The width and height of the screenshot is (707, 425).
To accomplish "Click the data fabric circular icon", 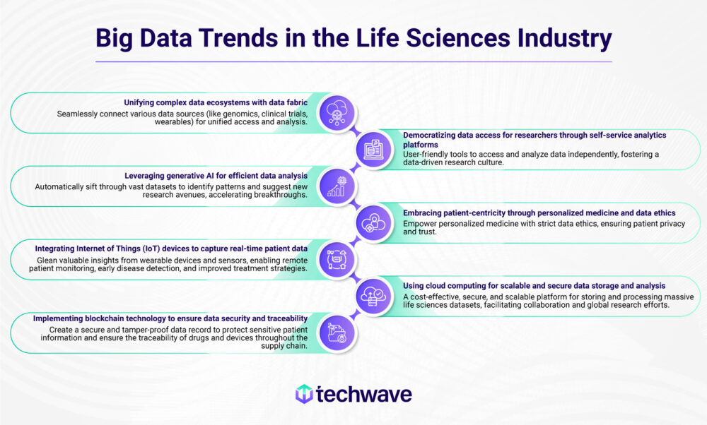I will click(x=337, y=113).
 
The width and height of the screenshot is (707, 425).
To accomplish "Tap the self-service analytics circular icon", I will click(x=373, y=150).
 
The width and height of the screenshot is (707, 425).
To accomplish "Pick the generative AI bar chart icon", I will click(x=337, y=186).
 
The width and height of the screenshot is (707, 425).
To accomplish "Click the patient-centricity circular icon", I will click(x=373, y=223).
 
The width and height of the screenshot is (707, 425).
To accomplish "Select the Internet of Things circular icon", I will click(x=337, y=260).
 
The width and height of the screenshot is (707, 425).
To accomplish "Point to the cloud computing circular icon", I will click(x=373, y=297).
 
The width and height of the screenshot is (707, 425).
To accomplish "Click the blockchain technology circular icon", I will click(x=337, y=333).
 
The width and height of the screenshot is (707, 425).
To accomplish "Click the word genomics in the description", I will click(x=213, y=112).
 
